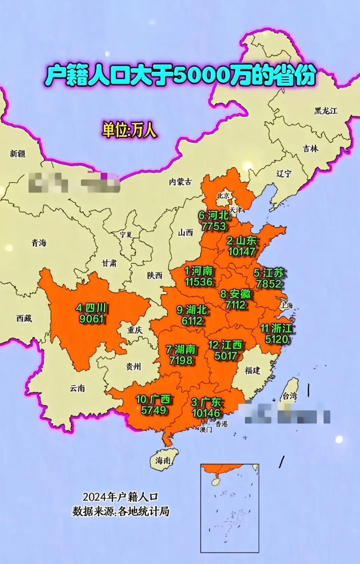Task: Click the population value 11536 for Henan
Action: (199, 282)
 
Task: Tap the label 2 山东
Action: (242, 241)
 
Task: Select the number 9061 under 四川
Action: (91, 319)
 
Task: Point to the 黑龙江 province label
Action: (326, 111)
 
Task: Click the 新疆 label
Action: (18, 153)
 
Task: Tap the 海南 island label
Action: (163, 461)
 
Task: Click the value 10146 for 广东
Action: (206, 413)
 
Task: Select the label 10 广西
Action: (153, 399)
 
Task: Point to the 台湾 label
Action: (290, 396)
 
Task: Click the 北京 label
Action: (223, 196)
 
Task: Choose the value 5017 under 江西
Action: (226, 356)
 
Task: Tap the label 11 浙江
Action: (276, 329)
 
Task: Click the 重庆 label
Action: (135, 330)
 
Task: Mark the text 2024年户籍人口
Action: (120, 497)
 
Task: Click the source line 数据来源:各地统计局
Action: (121, 511)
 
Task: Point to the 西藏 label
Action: (24, 318)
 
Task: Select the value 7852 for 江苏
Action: (269, 284)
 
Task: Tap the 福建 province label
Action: (252, 370)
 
